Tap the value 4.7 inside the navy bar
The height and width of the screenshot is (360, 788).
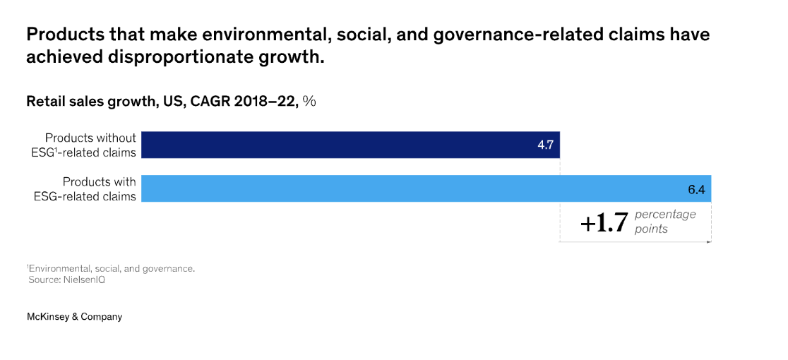(544, 145)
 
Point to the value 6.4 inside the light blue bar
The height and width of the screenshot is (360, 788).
(696, 189)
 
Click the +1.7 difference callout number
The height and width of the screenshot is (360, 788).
(604, 223)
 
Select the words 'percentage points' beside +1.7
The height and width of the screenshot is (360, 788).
(664, 222)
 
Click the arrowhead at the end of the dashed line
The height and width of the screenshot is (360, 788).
(708, 242)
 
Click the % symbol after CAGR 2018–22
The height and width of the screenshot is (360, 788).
(309, 101)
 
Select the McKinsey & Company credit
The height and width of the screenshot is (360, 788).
(74, 317)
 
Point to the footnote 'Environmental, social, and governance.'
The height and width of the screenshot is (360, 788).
(111, 268)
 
